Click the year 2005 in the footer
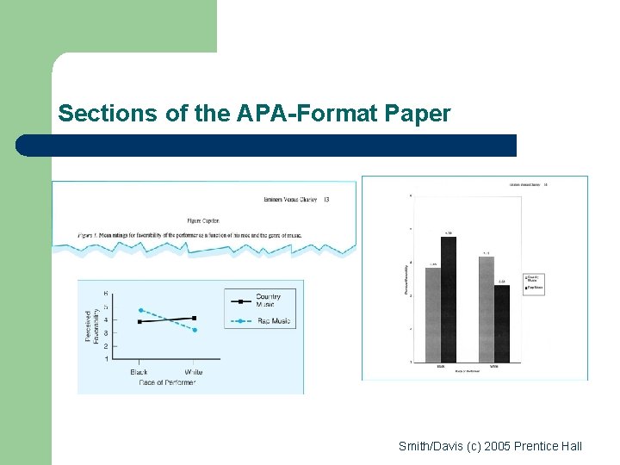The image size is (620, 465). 497,446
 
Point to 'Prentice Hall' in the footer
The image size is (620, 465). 548,446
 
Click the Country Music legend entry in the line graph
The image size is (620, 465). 268,301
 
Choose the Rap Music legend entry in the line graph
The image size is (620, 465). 273,321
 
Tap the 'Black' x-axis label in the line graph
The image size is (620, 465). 139,372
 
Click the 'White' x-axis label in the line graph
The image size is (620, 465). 194,372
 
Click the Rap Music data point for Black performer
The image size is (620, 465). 140,310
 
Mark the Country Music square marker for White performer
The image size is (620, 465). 195,318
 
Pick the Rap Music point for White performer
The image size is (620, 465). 195,330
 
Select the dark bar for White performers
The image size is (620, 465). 502,323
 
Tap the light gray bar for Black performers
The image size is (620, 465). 433,314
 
